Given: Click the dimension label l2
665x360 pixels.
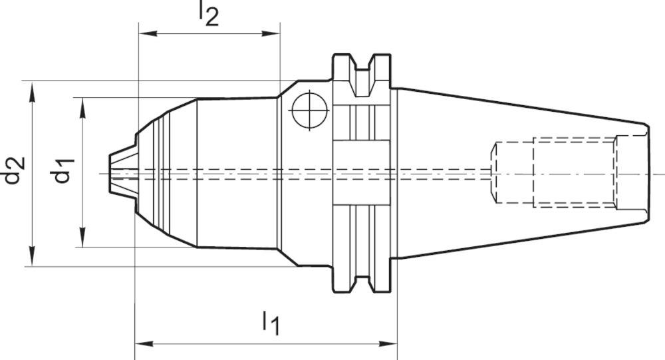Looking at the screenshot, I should (208, 14).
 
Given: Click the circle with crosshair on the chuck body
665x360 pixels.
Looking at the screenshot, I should (309, 110).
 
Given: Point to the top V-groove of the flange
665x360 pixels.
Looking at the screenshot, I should (362, 70).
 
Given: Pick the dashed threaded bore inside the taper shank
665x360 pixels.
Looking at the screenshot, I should (555, 173).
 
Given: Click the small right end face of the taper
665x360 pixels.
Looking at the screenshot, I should (648, 173).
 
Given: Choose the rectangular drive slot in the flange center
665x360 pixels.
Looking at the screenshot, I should (362, 173).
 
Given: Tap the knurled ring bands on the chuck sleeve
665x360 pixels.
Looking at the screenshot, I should (163, 173).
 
